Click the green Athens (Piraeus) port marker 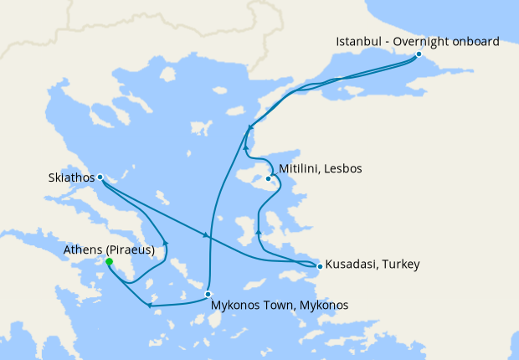[x=109, y=261]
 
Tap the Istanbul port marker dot [x=419, y=54]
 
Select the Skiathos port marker [x=100, y=177]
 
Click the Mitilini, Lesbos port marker [x=269, y=177]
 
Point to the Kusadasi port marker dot [x=320, y=265]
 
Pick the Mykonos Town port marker [x=208, y=294]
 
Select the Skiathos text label [x=71, y=177]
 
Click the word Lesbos [x=343, y=168]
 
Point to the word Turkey [x=398, y=265]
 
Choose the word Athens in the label [x=83, y=249]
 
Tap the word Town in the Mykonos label [x=271, y=305]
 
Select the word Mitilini [x=300, y=168]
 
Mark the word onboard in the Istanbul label [x=475, y=41]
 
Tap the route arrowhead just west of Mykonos [x=149, y=305]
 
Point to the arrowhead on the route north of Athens [x=166, y=244]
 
